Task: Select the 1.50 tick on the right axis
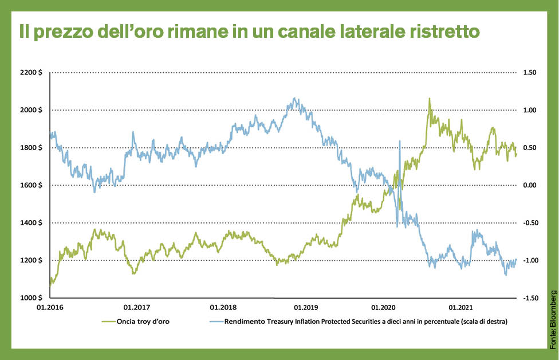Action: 530,73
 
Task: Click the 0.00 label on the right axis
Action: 530,185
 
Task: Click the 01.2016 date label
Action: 50,308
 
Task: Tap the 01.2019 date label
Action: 301,308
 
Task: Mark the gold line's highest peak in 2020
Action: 429,99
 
